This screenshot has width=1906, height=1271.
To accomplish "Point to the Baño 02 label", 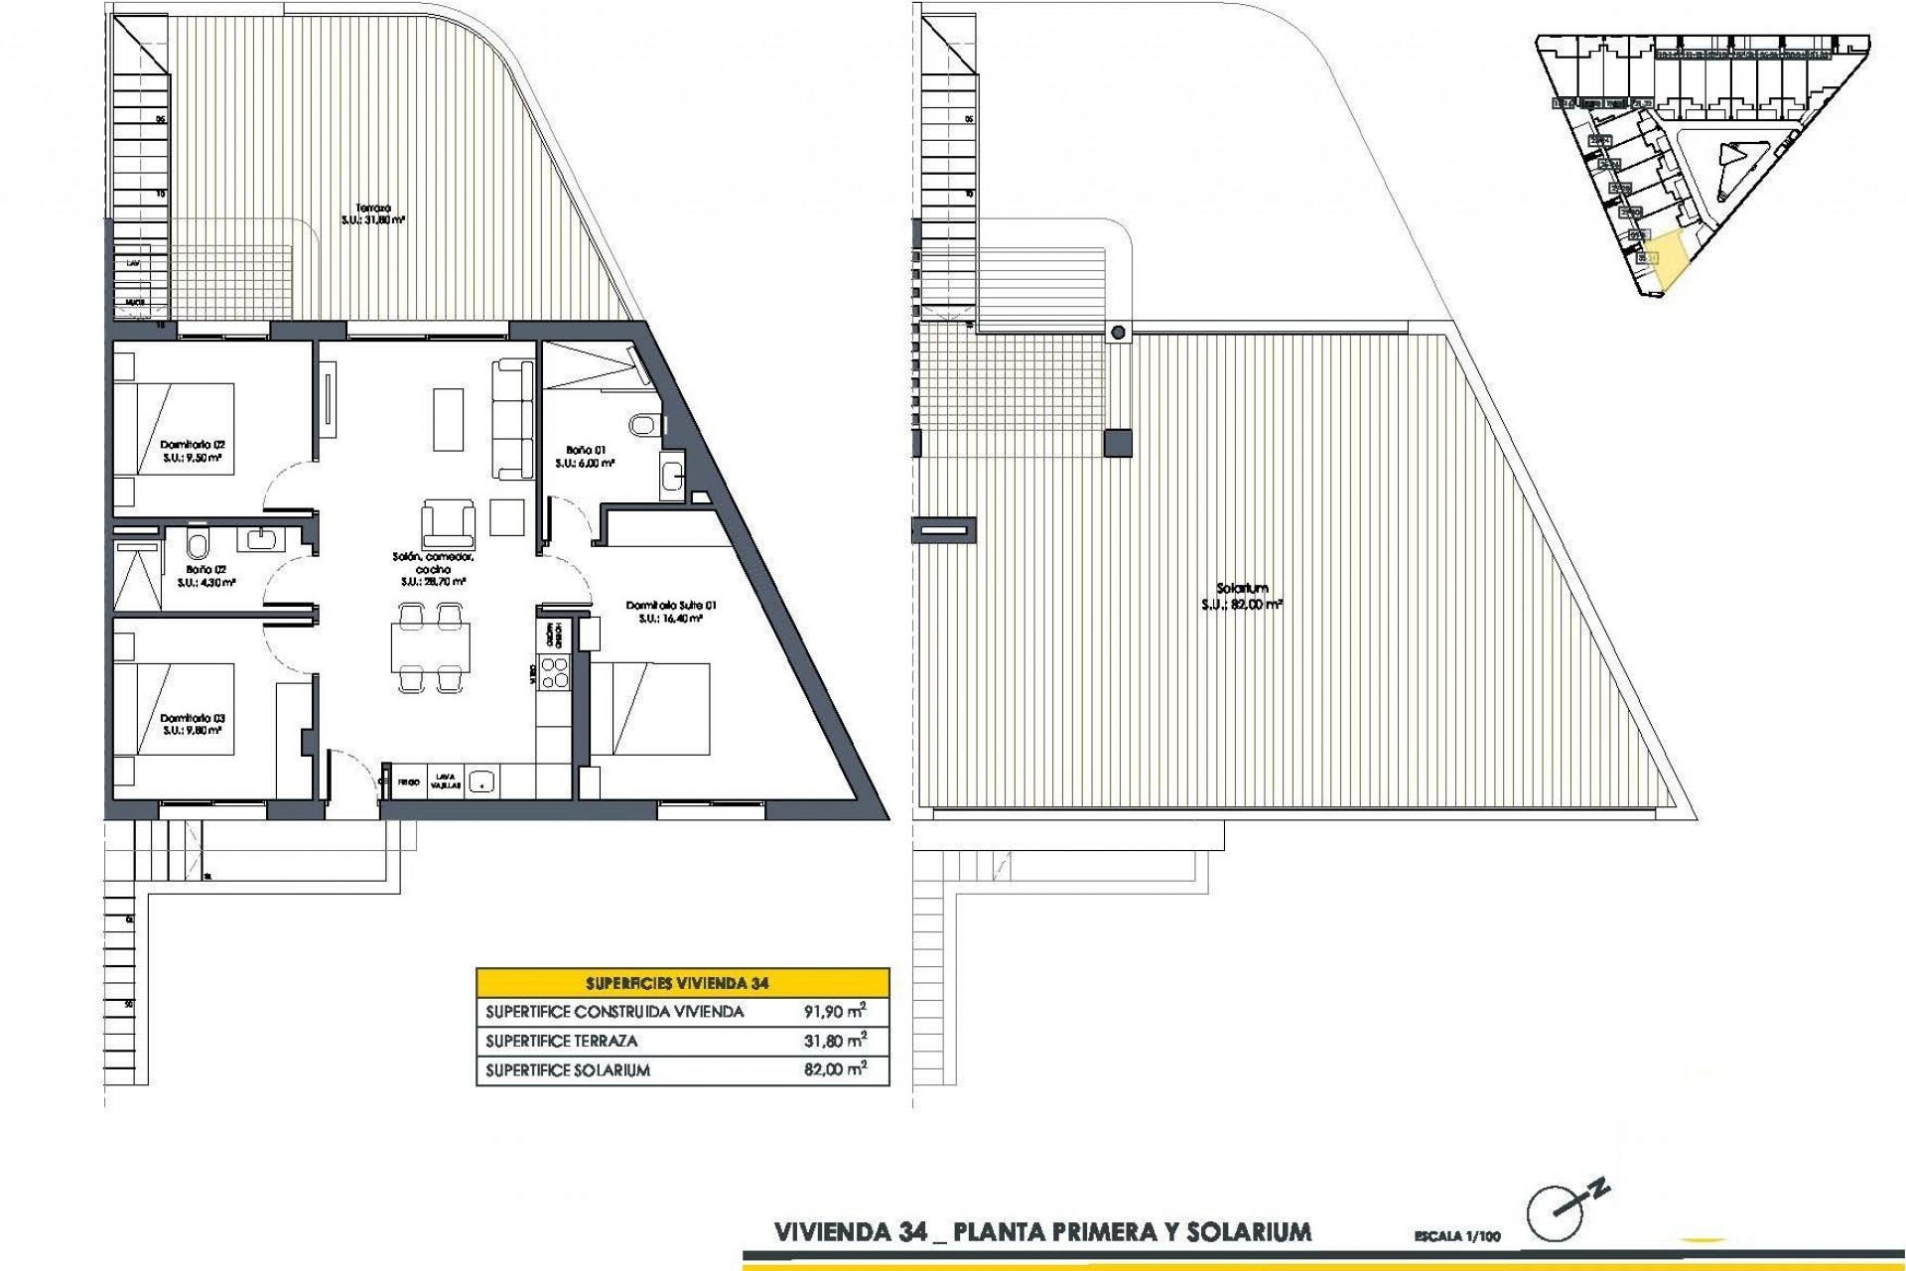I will pos(206,576).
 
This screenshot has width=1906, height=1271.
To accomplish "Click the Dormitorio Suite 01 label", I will pos(664,611).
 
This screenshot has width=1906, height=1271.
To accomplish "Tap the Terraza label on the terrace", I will pos(377,214).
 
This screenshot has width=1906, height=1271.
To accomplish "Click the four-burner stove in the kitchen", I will pos(553,674).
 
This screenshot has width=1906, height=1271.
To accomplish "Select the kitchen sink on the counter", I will pos(481,781).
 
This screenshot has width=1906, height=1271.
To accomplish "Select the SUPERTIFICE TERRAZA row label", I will pos(562,1042).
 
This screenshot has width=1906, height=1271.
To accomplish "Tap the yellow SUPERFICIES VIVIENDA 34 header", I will pos(683,983).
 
